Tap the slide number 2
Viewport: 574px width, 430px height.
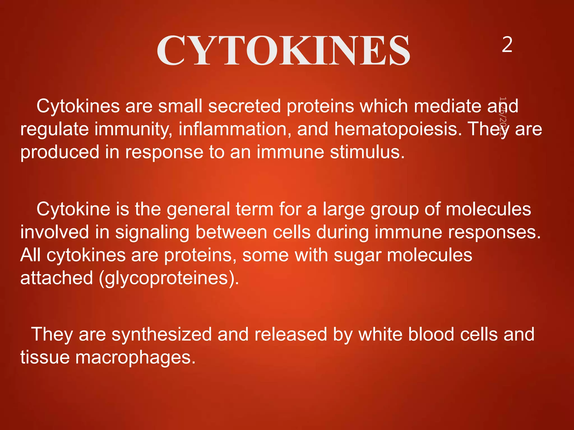pos(507,45)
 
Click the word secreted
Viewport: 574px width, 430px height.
pos(244,106)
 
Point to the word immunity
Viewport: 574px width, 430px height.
pos(133,130)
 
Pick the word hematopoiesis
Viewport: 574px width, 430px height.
pos(398,130)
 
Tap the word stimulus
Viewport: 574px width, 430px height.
pos(367,152)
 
